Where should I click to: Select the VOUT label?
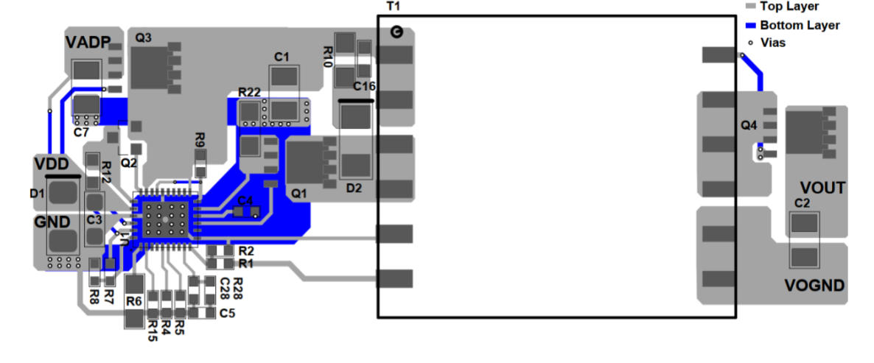[x=822, y=188]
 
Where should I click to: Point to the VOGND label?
[x=814, y=286]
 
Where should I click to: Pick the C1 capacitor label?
[x=282, y=57]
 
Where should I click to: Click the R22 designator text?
[x=249, y=92]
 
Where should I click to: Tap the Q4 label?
[x=749, y=126]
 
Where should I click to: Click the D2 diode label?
[x=354, y=188]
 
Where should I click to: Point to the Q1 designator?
[x=298, y=193]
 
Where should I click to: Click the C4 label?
[x=245, y=200]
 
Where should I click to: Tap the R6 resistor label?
[x=133, y=300]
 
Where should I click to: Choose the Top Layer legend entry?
[x=789, y=7]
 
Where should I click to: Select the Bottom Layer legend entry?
[x=800, y=25]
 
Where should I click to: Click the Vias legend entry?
[x=772, y=43]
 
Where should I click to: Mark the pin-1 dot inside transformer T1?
[x=395, y=32]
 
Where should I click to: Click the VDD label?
[x=52, y=163]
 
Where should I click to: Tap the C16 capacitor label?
[x=364, y=87]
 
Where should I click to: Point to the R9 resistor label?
[x=199, y=138]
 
